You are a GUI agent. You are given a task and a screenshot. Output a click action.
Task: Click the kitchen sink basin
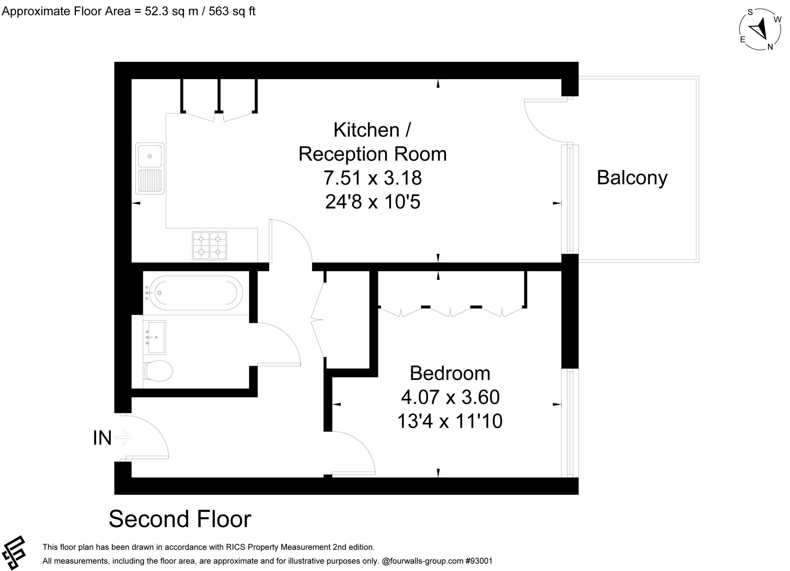[150, 156]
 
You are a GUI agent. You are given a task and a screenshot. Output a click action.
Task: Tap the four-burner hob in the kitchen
[209, 245]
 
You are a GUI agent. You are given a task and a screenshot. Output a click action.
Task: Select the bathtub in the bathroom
[192, 293]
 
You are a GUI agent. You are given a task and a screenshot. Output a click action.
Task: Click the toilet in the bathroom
[158, 371]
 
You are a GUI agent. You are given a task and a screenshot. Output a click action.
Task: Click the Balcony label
[632, 178]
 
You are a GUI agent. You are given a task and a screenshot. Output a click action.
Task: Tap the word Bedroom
[450, 373]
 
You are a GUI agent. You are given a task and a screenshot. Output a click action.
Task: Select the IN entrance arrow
[123, 438]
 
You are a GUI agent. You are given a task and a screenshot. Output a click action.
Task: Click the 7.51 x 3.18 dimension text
[372, 178]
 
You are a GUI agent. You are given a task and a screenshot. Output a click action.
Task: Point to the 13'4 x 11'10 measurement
[450, 421]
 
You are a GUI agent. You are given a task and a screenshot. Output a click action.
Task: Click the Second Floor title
[180, 519]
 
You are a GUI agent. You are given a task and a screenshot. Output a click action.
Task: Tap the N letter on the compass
[770, 47]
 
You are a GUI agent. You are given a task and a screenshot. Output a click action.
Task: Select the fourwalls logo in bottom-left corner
[14, 552]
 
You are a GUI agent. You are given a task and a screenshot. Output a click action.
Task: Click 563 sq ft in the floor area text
[232, 11]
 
